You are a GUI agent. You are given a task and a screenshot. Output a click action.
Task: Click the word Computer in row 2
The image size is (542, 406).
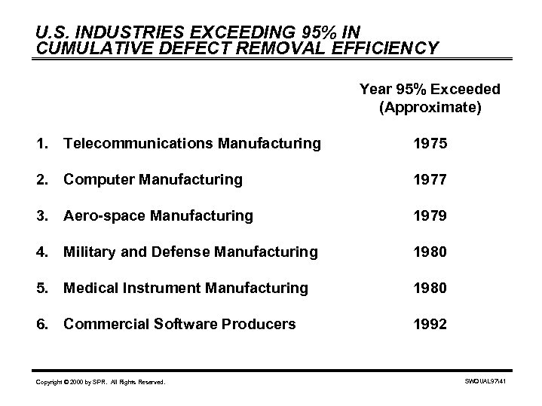[x=96, y=180]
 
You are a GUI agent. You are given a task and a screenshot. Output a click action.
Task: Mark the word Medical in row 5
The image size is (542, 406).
[x=90, y=288]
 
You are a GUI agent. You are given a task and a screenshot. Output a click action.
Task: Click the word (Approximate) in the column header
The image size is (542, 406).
[x=429, y=108]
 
